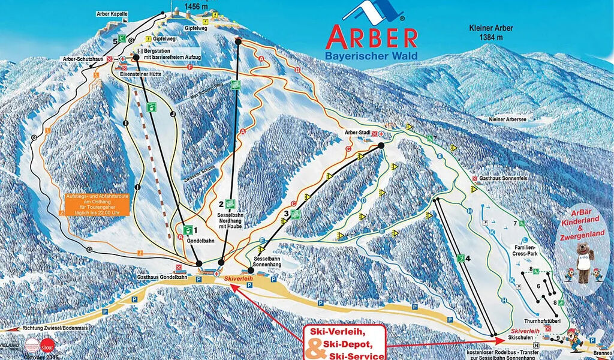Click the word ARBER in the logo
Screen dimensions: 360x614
pyautogui.click(x=371, y=37)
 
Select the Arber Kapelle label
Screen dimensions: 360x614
pyautogui.click(x=112, y=14)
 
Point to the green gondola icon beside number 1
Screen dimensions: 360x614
pyautogui.click(x=188, y=229)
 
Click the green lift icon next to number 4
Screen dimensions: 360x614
pyautogui.click(x=460, y=259)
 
